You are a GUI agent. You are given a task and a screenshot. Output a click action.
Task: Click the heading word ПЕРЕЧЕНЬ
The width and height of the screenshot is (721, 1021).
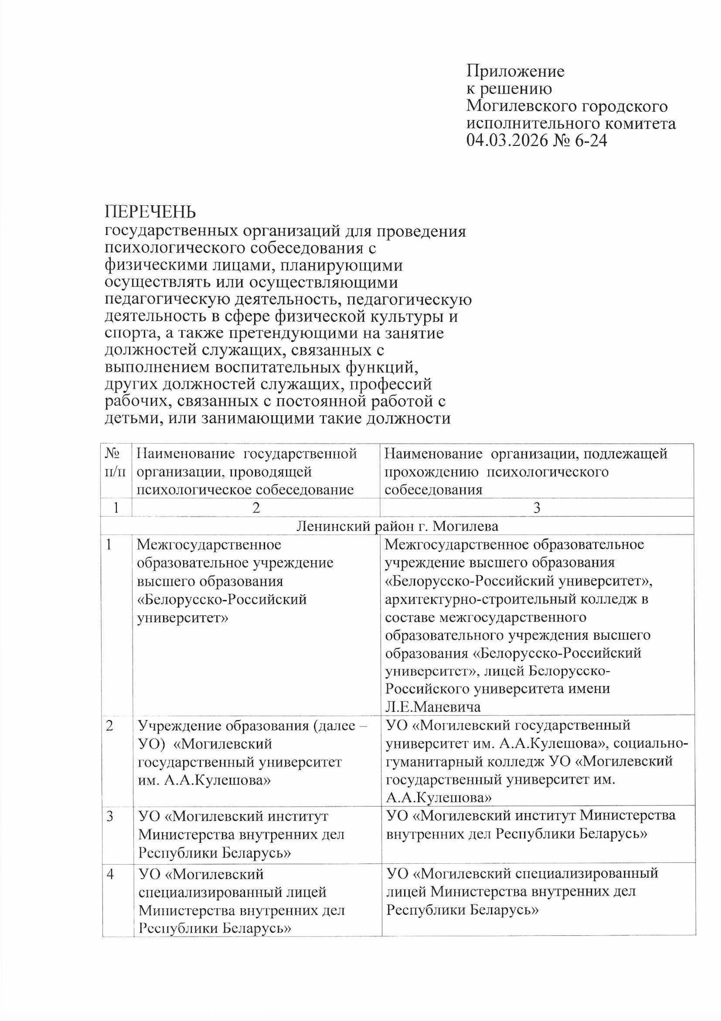point(150,212)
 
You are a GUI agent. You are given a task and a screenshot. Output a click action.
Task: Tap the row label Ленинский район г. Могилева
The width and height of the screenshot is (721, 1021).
point(397,527)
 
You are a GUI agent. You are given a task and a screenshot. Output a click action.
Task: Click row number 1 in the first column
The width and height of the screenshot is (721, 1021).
point(109,544)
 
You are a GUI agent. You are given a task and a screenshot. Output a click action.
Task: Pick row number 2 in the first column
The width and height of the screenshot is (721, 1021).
point(110,725)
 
